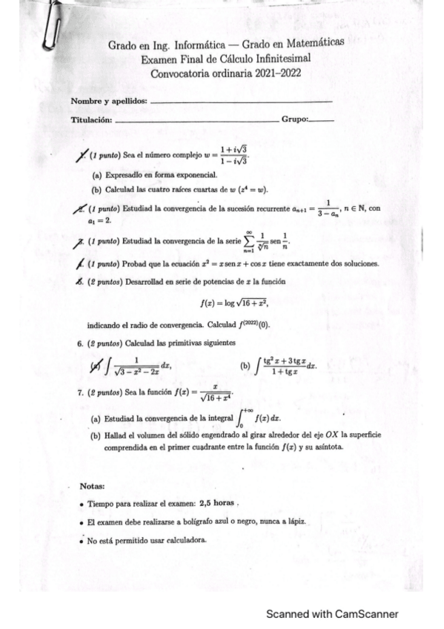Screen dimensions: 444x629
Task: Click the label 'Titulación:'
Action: click(91, 119)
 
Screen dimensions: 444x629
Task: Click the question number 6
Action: click(80, 343)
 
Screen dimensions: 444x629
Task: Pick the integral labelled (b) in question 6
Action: click(285, 365)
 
